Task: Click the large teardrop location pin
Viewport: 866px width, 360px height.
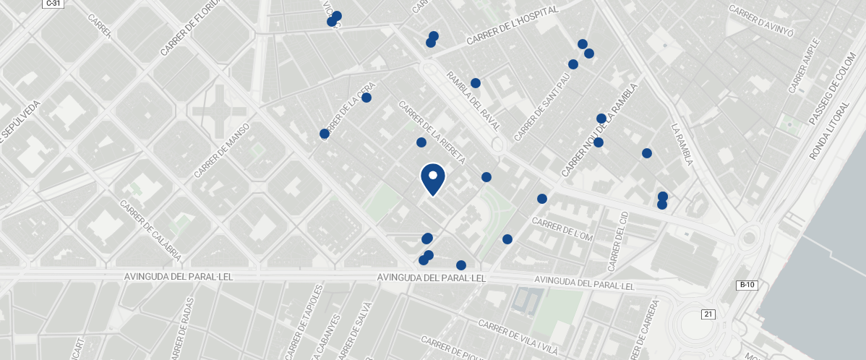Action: pos(433,179)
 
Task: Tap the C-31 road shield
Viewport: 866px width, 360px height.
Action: pos(52,4)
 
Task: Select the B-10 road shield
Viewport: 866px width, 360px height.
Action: pos(747,285)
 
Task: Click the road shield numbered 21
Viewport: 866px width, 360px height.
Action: pos(708,314)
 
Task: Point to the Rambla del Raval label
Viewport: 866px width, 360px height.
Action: pos(473,100)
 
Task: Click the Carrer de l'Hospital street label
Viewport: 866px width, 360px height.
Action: pos(513,26)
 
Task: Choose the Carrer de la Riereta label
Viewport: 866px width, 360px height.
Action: pos(432,132)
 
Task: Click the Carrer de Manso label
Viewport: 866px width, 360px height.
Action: pos(222,150)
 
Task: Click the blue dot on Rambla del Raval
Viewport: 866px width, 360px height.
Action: pos(476,83)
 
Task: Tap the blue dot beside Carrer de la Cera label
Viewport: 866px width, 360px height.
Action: pos(366,98)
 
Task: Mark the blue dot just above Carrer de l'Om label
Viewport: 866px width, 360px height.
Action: pos(542,199)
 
